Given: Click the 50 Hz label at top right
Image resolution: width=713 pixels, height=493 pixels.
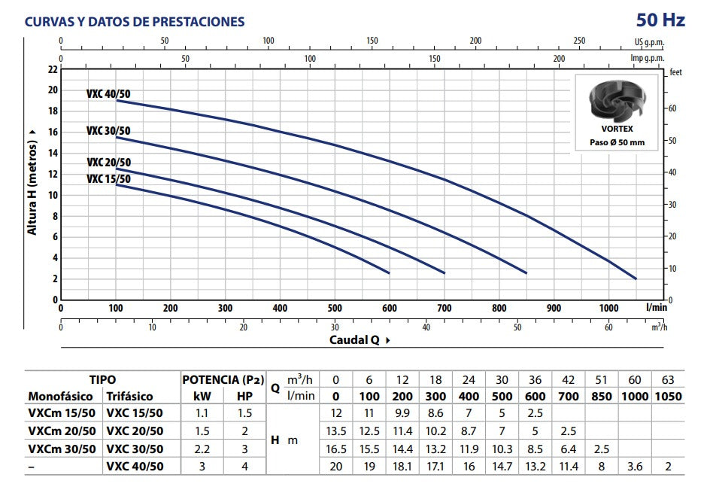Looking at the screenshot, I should point(661,20).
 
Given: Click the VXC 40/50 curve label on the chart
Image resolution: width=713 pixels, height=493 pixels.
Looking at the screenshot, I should point(108,94).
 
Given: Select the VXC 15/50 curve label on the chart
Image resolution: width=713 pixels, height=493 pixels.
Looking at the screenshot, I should point(108,179).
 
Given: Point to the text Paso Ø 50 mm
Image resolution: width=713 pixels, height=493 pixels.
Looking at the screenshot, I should point(617,142).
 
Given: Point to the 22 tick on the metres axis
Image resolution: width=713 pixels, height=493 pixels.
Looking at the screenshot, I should point(52,69).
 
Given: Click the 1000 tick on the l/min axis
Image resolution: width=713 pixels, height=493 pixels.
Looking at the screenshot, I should point(609,308).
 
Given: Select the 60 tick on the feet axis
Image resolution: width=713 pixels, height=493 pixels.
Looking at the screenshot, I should point(673,108).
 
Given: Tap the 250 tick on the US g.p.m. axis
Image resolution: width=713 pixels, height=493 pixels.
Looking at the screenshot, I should point(579,41).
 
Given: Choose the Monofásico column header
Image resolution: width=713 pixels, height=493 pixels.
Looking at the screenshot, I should point(61,396).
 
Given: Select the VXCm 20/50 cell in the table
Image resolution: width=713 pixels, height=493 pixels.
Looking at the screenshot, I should point(62,431).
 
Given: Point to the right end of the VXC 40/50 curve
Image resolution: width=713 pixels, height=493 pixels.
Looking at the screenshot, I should point(636,278).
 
